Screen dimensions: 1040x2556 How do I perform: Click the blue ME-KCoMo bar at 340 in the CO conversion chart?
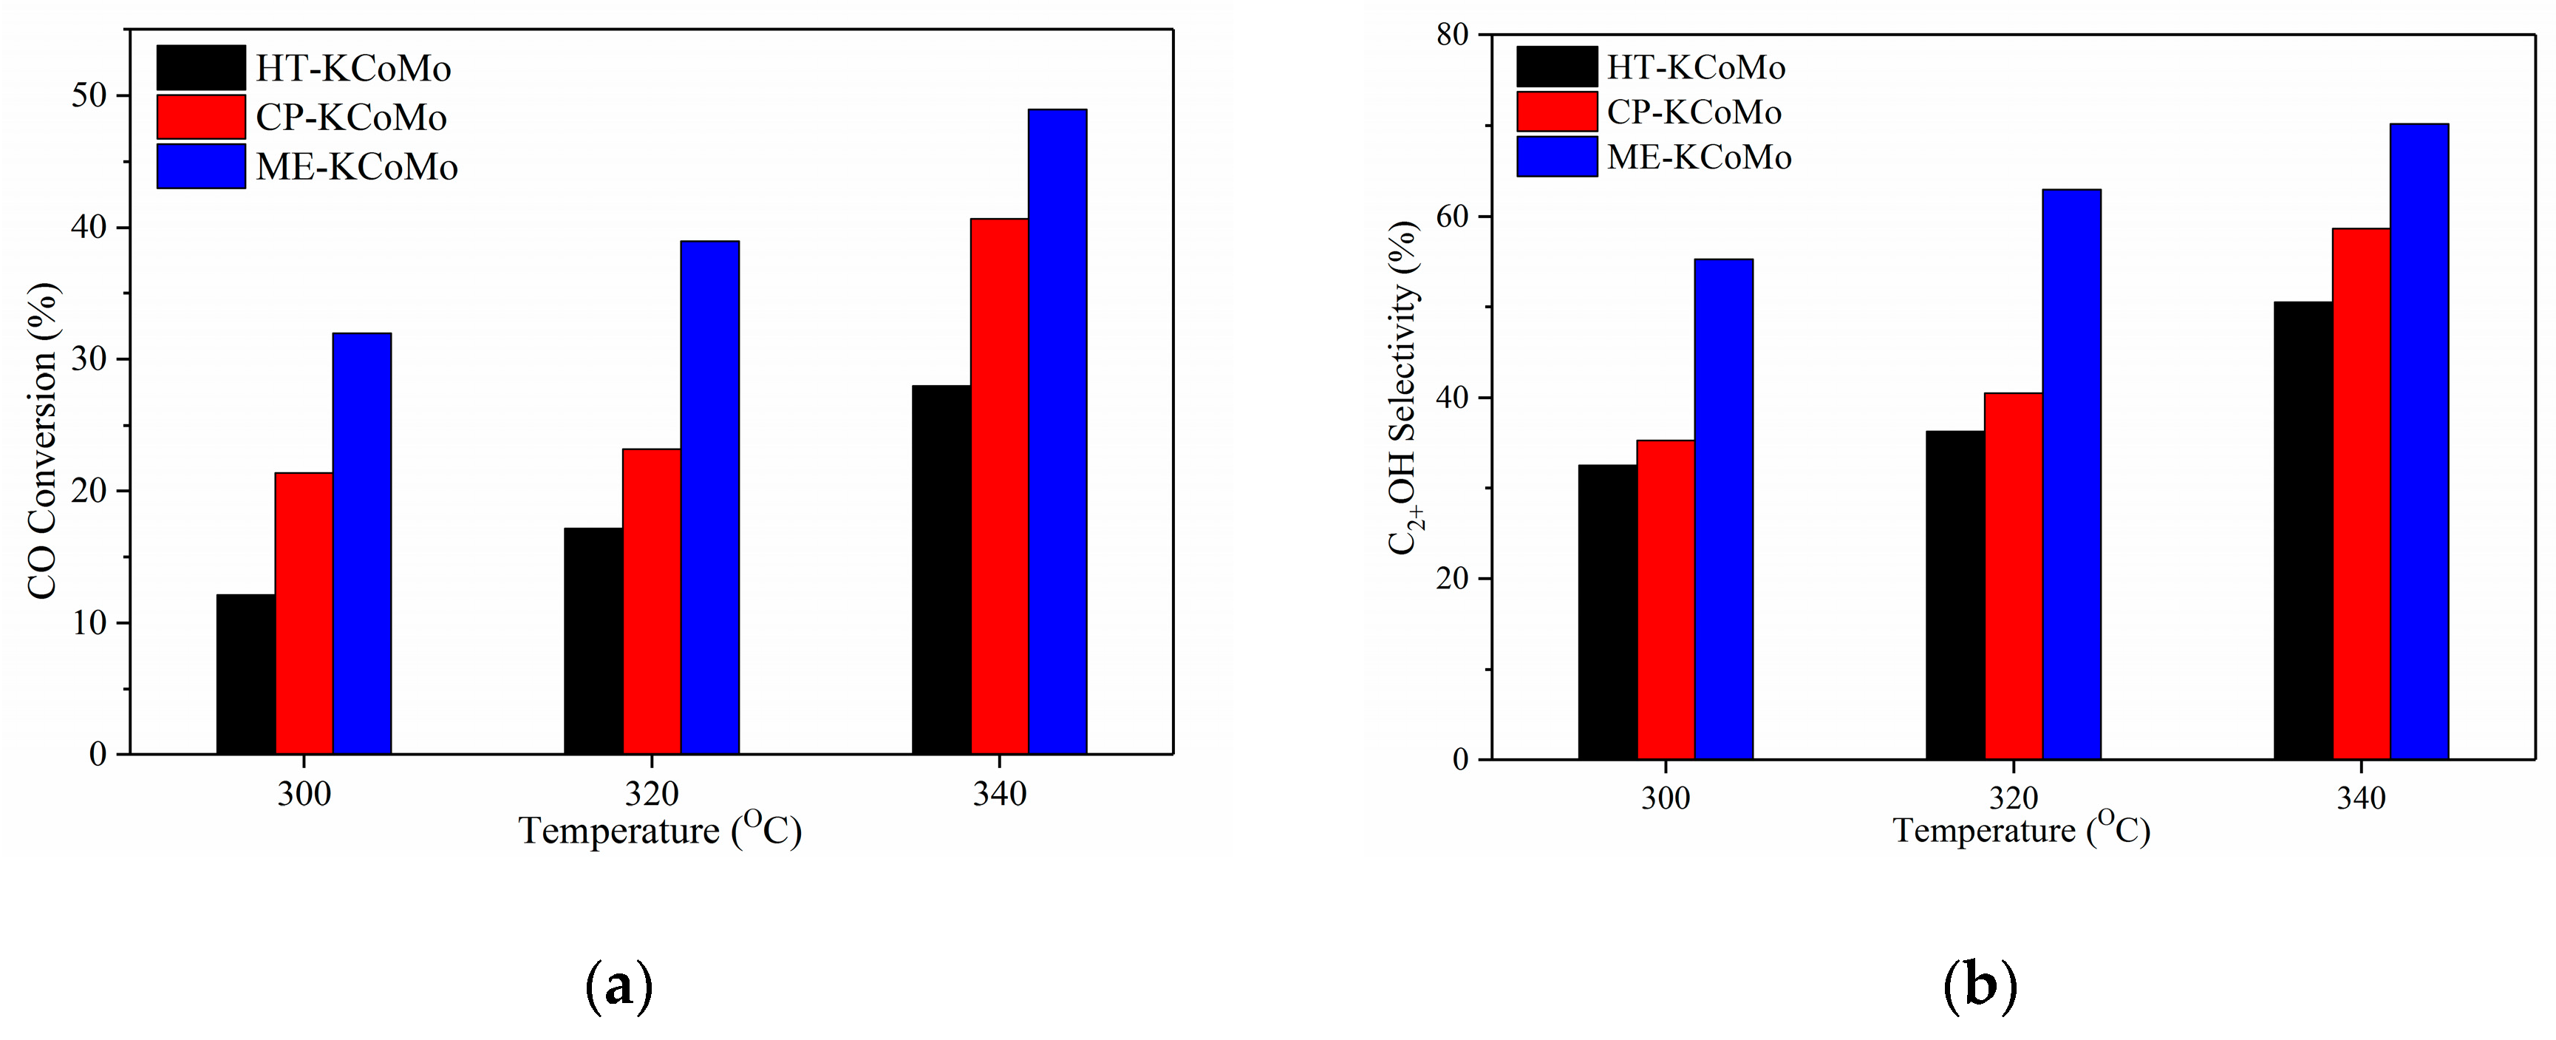(x=1057, y=432)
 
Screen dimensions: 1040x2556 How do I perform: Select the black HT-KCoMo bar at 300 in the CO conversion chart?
(x=245, y=675)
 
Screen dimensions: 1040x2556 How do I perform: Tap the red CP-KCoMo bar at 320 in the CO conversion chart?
(x=652, y=602)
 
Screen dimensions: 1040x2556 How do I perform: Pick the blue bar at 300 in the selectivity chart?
(x=1723, y=509)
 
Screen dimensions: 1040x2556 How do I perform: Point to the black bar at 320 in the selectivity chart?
(x=1955, y=596)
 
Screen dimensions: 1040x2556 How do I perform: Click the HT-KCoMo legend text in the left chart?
(x=353, y=69)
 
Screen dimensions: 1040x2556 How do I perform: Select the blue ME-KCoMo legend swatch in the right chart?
(x=1557, y=157)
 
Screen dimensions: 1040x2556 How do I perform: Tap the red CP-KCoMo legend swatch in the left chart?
(x=200, y=117)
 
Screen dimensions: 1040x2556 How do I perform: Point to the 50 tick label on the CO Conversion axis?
(x=89, y=95)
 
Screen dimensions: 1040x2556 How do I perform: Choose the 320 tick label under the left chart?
(x=651, y=794)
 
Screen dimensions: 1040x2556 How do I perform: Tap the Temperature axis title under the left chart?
(x=660, y=829)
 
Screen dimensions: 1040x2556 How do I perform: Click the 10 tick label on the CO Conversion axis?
(x=89, y=623)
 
